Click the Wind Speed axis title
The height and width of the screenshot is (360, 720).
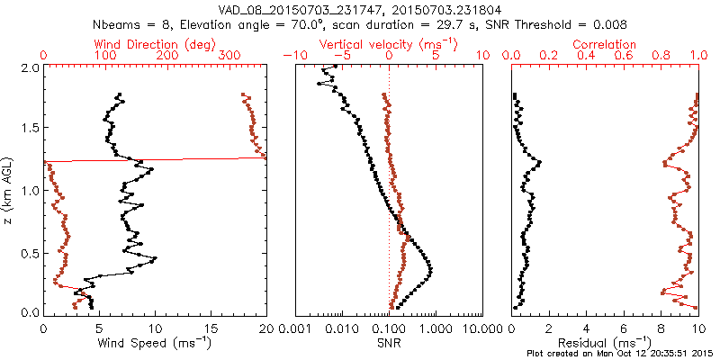[x=155, y=344]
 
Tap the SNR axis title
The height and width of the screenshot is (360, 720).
[x=389, y=344]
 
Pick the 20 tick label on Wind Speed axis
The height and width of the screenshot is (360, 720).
[x=265, y=329]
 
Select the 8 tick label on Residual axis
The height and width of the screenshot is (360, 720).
[x=661, y=329]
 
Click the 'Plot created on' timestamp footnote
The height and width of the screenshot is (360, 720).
[x=621, y=354]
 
